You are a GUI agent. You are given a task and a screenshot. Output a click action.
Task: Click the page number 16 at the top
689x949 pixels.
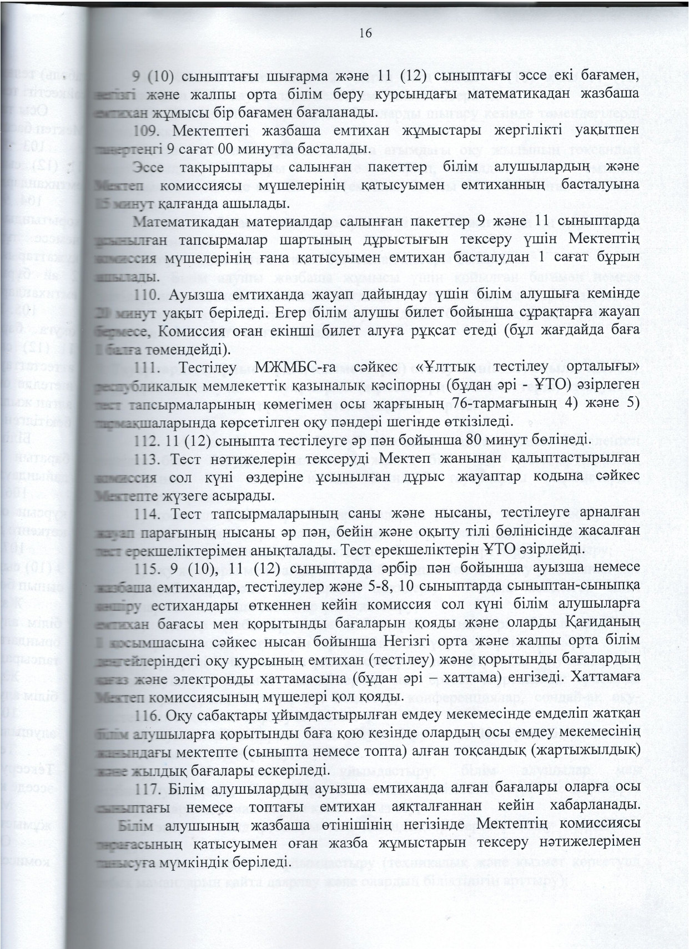point(365,33)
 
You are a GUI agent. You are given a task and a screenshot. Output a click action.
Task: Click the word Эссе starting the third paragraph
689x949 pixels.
point(151,168)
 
